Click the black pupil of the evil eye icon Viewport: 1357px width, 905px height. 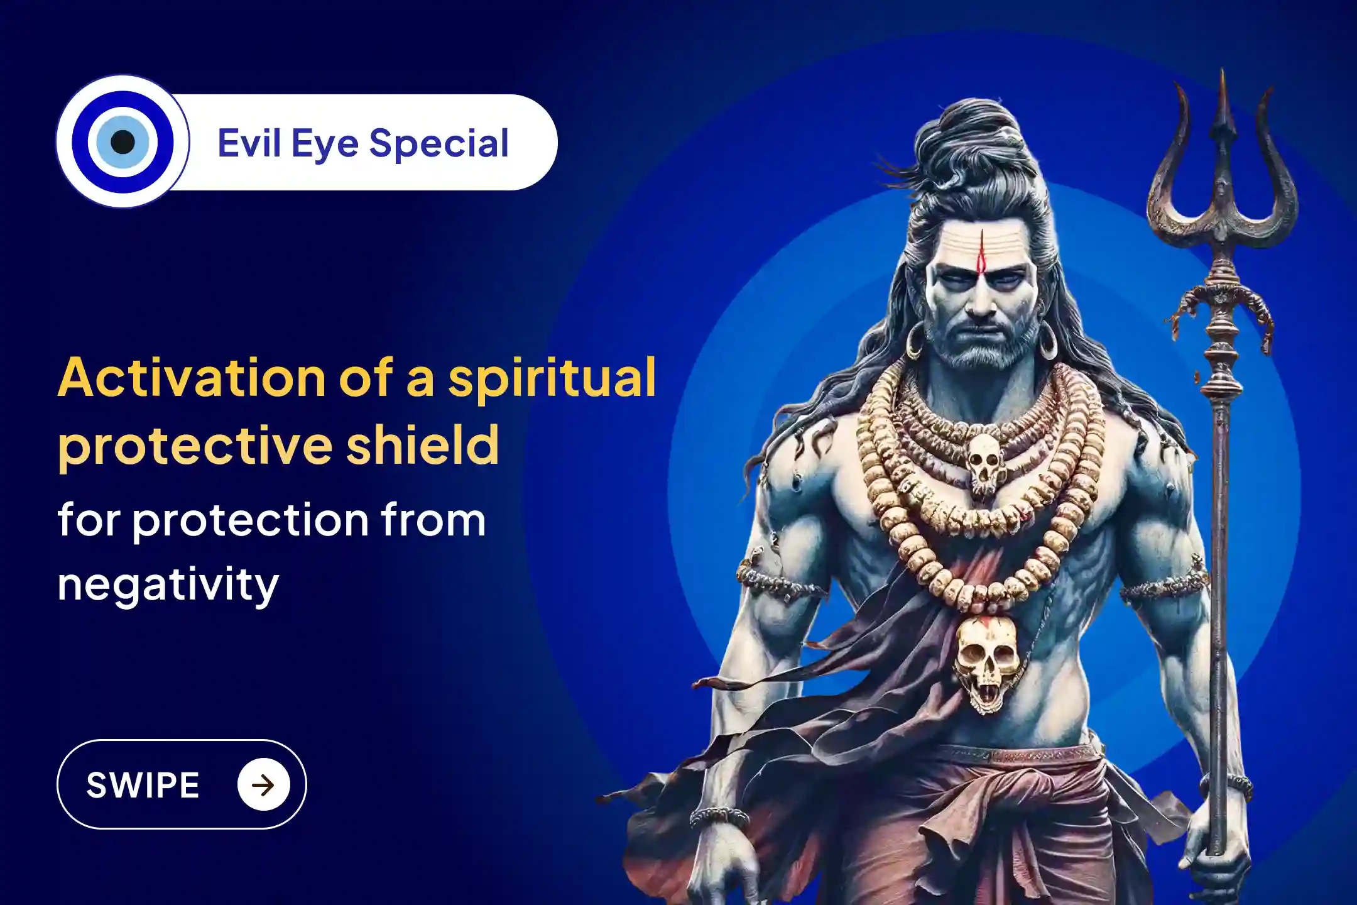click(123, 141)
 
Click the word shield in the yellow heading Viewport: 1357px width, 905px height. click(423, 445)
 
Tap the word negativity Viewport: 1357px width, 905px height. click(168, 584)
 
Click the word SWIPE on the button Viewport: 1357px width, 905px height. click(143, 785)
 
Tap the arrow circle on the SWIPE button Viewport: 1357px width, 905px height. click(263, 785)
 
